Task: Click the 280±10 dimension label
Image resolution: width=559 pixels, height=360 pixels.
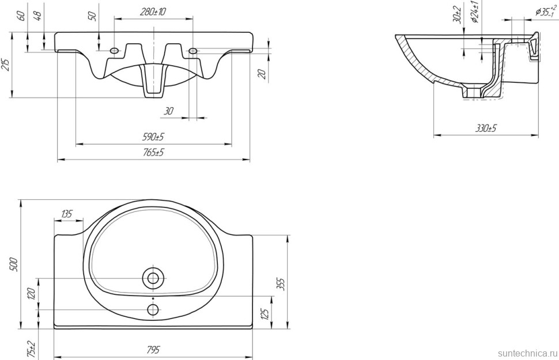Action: [x=153, y=12]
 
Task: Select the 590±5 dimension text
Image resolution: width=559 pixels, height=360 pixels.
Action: [x=154, y=137]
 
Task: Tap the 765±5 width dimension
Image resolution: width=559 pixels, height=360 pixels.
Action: [x=154, y=153]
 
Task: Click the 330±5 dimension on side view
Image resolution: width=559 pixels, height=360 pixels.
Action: [x=486, y=128]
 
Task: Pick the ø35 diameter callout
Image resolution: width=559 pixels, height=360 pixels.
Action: [x=544, y=11]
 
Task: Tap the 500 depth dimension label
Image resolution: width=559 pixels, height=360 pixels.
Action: [x=14, y=264]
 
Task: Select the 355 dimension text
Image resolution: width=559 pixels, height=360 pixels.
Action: [x=281, y=285]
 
